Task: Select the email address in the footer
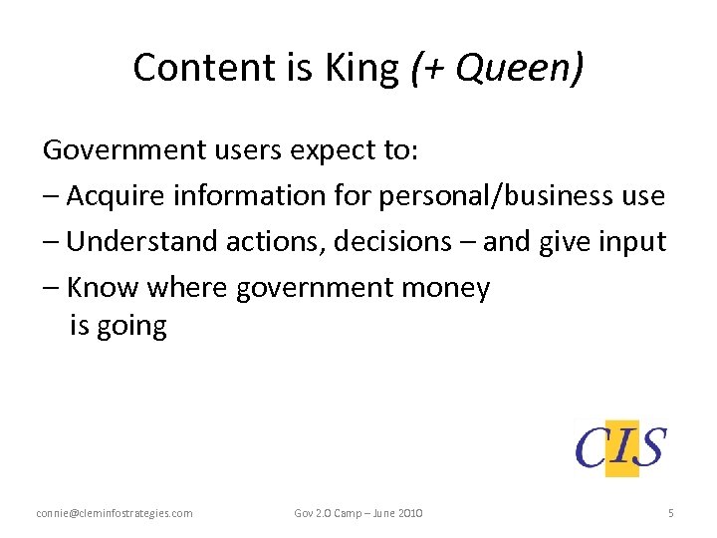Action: [115, 513]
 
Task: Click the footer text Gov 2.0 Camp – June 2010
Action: [358, 513]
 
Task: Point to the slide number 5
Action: [671, 513]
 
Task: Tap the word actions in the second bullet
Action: [261, 242]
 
